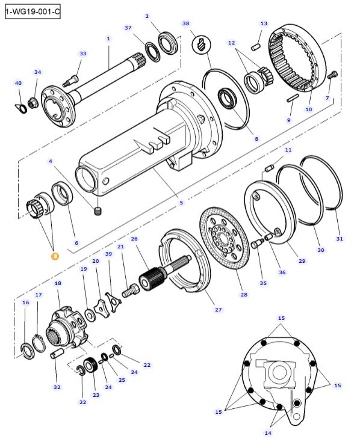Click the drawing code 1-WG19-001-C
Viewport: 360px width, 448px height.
click(x=33, y=11)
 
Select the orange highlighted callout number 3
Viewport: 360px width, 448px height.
click(x=55, y=256)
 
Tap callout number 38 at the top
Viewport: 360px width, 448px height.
click(x=185, y=23)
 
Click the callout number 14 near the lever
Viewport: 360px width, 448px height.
click(x=268, y=433)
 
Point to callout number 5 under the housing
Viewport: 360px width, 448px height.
click(x=181, y=203)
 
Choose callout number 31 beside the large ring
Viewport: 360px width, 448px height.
click(x=340, y=239)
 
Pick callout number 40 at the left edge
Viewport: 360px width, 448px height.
click(x=18, y=83)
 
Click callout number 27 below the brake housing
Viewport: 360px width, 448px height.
click(x=218, y=310)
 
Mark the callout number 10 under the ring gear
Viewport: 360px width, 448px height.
click(x=309, y=109)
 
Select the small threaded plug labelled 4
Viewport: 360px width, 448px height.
click(x=98, y=210)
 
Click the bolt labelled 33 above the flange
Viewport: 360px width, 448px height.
click(x=75, y=77)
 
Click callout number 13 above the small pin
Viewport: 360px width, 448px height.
click(x=264, y=23)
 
